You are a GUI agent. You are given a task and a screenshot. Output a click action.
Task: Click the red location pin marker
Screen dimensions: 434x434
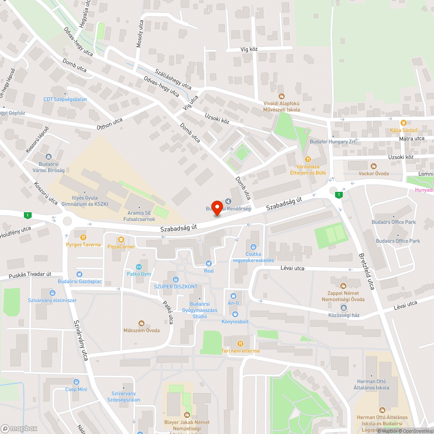click(217, 206)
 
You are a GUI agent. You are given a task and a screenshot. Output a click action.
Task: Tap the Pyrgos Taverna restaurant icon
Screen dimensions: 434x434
click(83, 237)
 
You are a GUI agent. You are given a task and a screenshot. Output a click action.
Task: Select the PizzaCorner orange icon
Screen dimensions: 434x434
click(121, 239)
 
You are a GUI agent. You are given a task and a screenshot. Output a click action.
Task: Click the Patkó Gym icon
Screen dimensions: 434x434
click(139, 267)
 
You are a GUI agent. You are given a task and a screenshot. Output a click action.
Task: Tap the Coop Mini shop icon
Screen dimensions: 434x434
click(76, 382)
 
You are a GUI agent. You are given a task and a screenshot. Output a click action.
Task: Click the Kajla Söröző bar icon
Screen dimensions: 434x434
click(403, 123)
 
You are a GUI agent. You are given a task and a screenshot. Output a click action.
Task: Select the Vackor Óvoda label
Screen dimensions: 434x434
click(373, 174)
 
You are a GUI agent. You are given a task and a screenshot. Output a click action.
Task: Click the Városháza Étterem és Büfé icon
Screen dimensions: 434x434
click(308, 159)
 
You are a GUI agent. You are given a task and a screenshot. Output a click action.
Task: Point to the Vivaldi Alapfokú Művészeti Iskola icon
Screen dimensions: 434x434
click(281, 96)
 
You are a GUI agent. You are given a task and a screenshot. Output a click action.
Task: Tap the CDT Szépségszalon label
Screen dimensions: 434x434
click(65, 99)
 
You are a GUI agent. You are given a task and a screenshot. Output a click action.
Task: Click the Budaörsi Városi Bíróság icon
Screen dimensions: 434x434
click(48, 157)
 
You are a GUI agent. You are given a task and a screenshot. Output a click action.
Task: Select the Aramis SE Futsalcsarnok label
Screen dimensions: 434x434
click(139, 216)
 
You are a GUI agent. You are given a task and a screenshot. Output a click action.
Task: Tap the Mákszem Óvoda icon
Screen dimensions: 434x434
click(141, 323)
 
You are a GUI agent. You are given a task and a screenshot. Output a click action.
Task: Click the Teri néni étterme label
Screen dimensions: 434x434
click(240, 351)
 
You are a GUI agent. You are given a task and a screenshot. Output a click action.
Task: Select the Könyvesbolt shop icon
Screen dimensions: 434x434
click(235, 314)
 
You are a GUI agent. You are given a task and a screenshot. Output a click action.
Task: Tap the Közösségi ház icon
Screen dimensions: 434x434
click(344, 308)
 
